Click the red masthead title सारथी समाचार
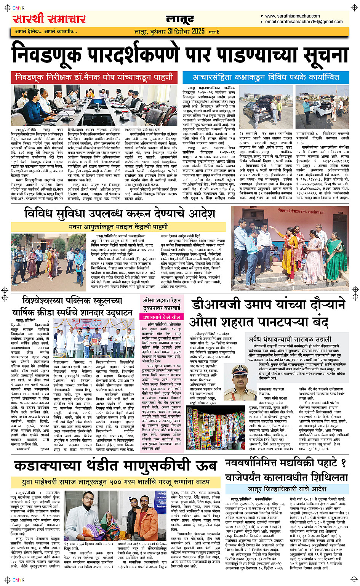click(50, 19)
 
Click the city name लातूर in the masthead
click(180, 19)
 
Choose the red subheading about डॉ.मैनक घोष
click(94, 77)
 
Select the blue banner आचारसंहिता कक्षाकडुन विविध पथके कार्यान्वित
click(266, 77)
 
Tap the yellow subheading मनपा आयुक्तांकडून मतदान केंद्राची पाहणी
click(118, 227)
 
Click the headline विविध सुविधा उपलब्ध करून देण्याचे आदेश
click(120, 213)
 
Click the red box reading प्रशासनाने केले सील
click(162, 317)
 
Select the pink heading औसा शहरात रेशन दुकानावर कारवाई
click(162, 304)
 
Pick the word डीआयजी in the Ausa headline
click(216, 305)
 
